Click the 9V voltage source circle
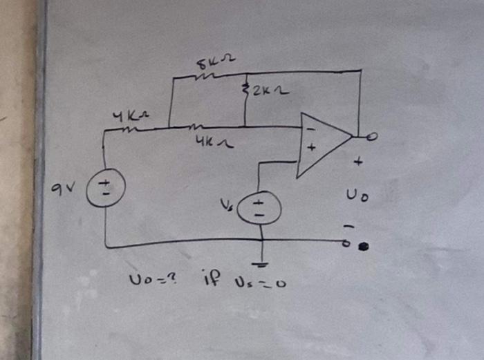pos(105,187)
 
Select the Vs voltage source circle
pos(259,207)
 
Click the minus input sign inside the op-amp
pos(310,129)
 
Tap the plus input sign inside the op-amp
pos(311,147)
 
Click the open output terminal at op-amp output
pos(372,138)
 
